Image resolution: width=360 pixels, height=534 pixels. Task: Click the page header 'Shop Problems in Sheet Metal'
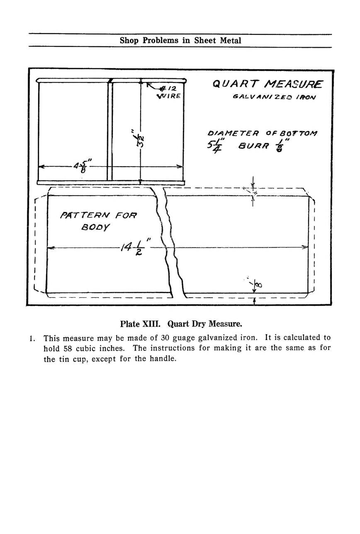click(180, 41)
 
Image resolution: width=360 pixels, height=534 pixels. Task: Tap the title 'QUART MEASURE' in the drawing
click(268, 85)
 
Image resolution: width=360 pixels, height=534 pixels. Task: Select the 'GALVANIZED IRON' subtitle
click(274, 97)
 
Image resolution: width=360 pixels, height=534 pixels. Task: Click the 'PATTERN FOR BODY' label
click(99, 221)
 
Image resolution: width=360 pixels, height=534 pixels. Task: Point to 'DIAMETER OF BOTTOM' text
click(263, 133)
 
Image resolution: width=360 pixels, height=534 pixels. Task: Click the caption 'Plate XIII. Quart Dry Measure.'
click(180, 323)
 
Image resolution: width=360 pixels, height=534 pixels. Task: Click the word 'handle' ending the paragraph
click(165, 359)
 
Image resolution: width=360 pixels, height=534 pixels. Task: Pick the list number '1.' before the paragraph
click(33, 338)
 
